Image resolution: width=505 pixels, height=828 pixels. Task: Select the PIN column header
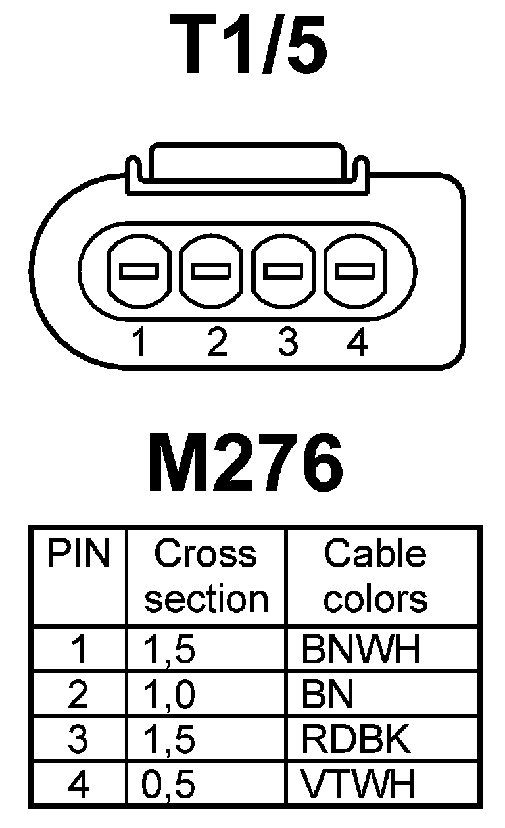click(78, 555)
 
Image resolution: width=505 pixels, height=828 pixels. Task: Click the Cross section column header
click(206, 577)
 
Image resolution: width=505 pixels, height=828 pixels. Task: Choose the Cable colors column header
click(375, 577)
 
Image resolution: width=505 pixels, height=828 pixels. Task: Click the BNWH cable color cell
click(360, 650)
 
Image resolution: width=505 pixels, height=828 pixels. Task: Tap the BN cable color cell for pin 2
click(327, 695)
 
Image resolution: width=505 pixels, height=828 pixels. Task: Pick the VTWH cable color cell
click(358, 784)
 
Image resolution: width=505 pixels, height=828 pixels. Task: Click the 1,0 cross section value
click(169, 695)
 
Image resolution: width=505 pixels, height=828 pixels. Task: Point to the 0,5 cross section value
click(169, 784)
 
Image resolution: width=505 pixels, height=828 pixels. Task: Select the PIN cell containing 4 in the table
click(78, 784)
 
